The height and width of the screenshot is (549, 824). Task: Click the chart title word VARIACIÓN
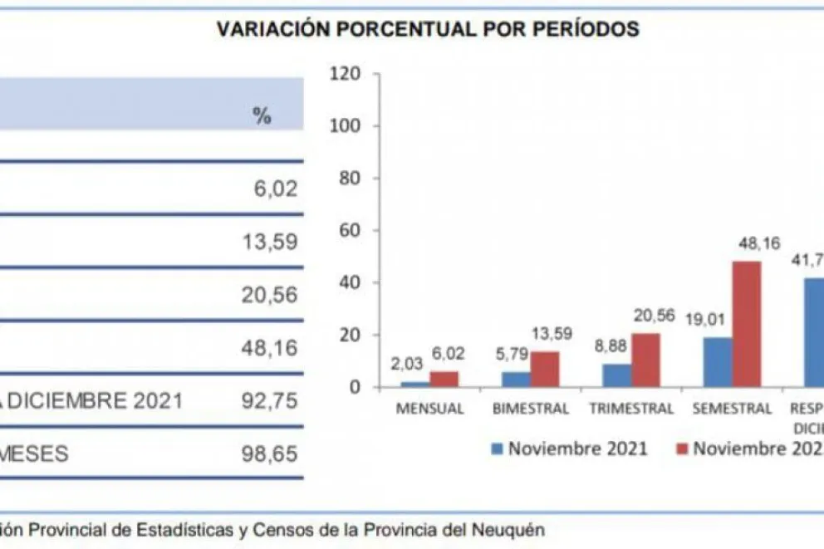(269, 29)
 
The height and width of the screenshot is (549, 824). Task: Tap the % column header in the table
(262, 116)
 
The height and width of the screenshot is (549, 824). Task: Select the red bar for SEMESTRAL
(746, 324)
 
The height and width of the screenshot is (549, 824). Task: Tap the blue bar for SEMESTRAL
(718, 361)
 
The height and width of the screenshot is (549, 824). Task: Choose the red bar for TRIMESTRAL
(645, 360)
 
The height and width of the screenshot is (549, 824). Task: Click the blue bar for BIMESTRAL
(516, 379)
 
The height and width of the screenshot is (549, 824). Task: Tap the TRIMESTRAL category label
(630, 409)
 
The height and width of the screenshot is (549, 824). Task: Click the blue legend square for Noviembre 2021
(498, 449)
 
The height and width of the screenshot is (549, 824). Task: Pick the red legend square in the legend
(682, 449)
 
